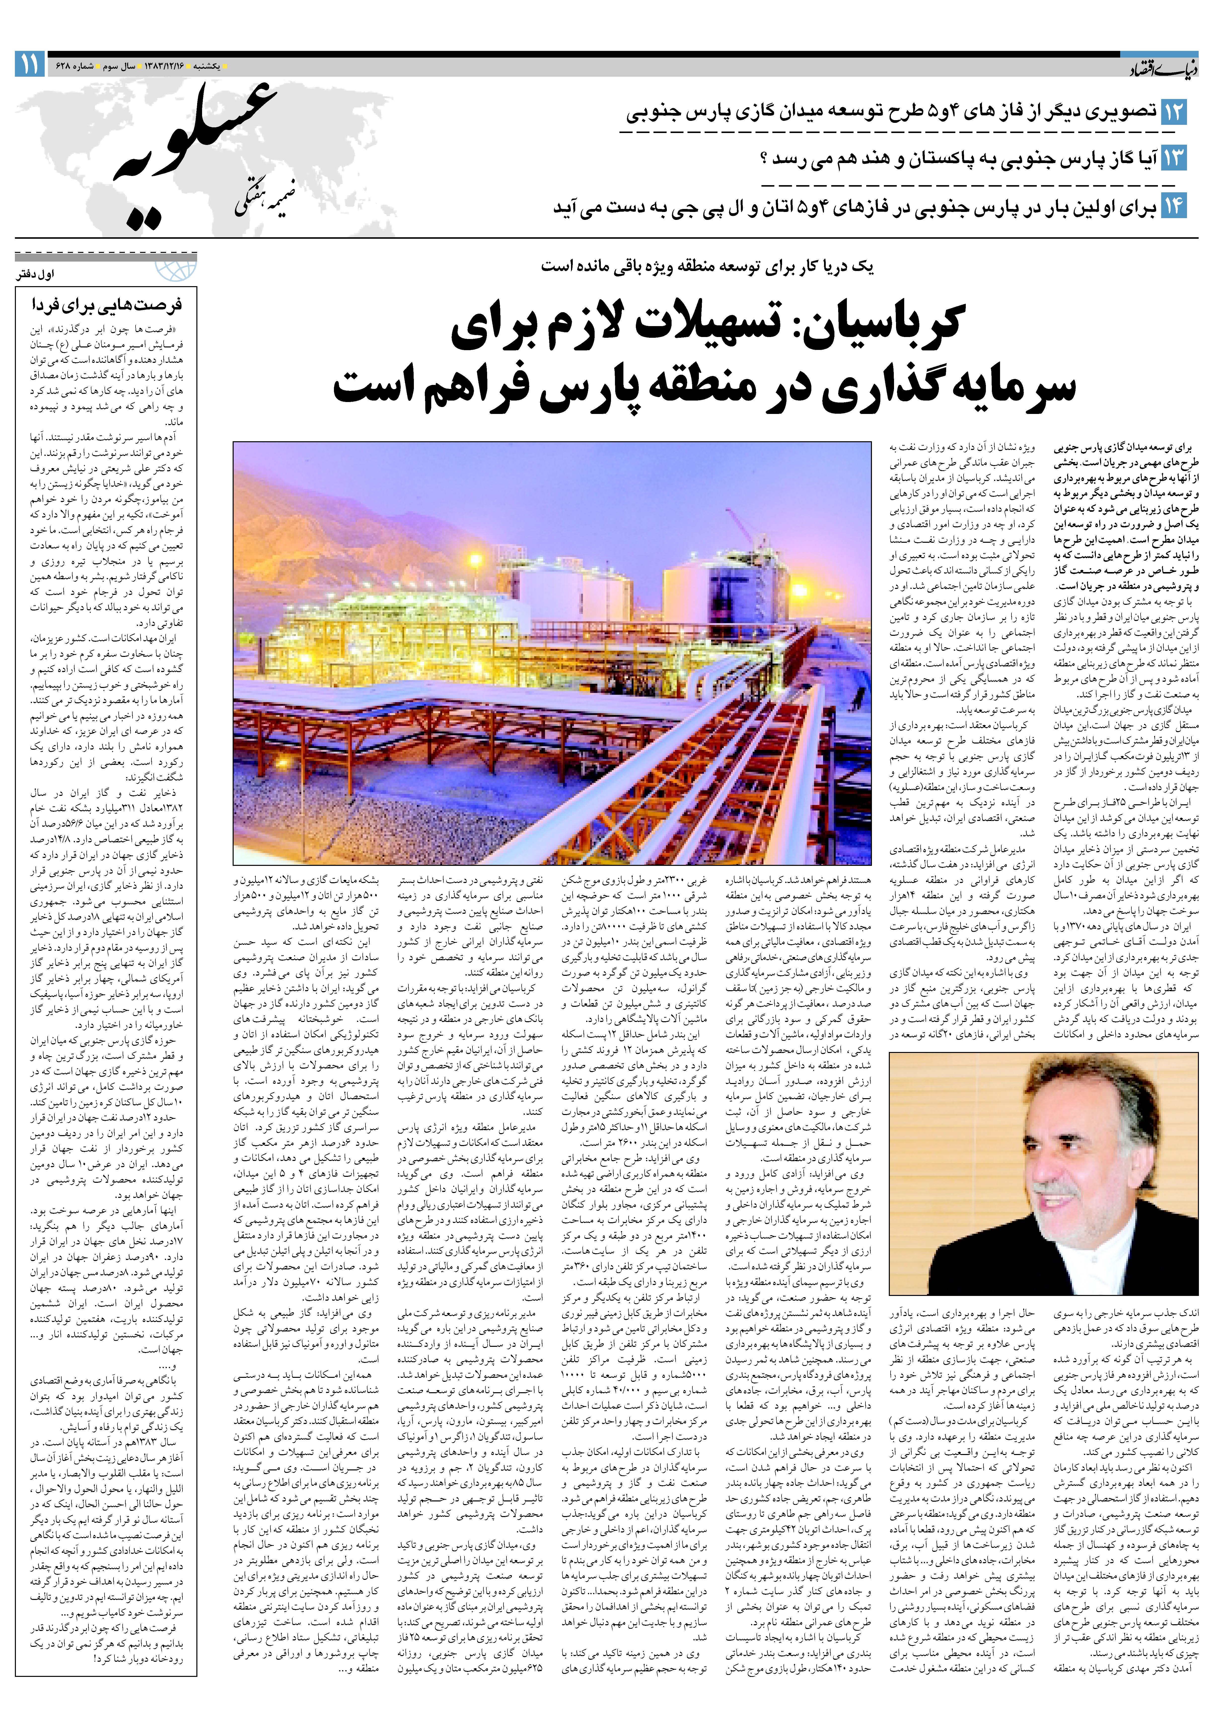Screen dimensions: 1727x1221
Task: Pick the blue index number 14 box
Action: [1174, 206]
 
